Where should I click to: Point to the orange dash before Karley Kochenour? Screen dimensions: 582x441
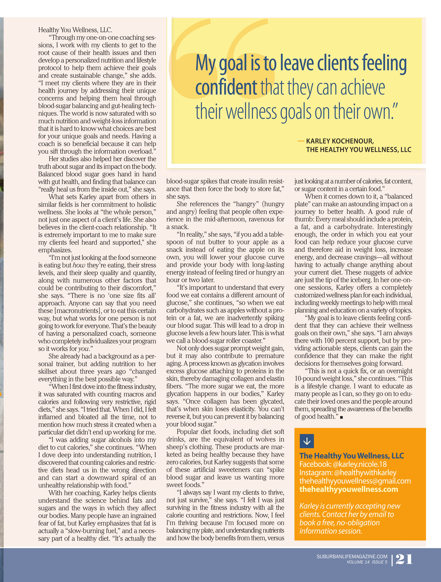pyautogui.click(x=301, y=141)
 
